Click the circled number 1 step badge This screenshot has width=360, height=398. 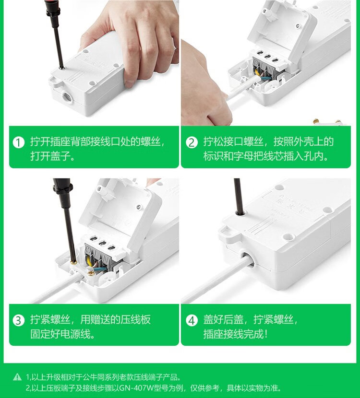(19, 142)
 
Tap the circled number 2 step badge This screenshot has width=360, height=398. (192, 142)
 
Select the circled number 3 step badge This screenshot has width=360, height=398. (19, 320)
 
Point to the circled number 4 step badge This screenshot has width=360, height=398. (192, 320)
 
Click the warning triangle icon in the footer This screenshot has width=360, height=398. (17, 377)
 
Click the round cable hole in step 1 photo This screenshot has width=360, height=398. (68, 97)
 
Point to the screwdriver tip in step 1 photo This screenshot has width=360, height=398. (62, 67)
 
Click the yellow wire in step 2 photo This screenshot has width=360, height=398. (258, 72)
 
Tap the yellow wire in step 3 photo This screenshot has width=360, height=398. (89, 261)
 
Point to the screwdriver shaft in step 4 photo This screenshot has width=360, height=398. (238, 196)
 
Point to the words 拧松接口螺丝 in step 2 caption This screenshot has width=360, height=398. (233, 141)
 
